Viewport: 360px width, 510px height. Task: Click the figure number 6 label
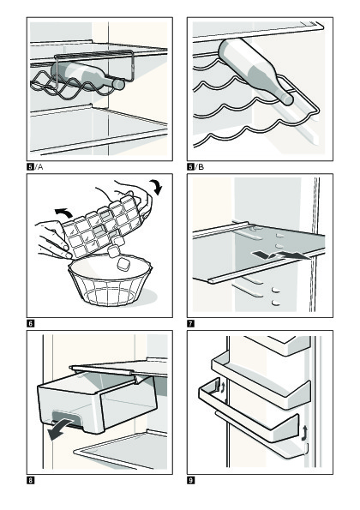pos(30,324)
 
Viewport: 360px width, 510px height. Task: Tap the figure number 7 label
pos(190,324)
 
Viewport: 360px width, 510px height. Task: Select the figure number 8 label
pos(30,480)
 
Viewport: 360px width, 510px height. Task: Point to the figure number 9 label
pos(190,480)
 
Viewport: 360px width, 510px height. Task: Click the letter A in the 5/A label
pos(40,167)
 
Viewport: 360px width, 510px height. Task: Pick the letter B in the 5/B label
pos(201,167)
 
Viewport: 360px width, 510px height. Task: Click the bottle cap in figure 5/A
pos(118,85)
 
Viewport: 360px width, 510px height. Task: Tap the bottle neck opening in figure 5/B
pos(287,99)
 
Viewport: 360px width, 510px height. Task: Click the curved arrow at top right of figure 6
pos(157,187)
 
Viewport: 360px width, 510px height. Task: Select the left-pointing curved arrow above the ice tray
pos(63,213)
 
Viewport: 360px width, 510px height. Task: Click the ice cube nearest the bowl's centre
pos(124,264)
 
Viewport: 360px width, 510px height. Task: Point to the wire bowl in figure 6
pos(111,286)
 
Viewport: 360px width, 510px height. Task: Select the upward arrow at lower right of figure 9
pos(304,433)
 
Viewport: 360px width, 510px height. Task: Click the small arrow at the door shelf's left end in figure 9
pos(223,387)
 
